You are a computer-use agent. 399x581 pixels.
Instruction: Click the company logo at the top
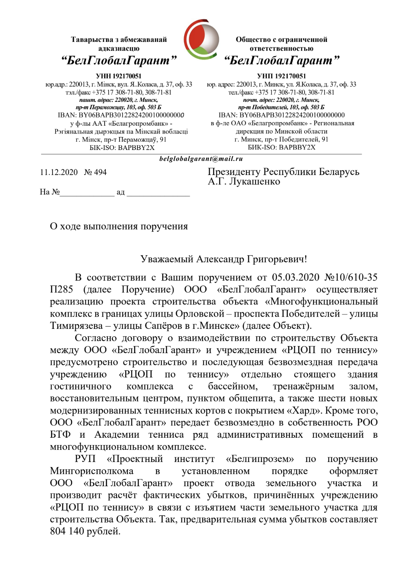[x=201, y=39]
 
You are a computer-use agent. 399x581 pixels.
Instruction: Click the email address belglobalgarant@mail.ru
[x=201, y=159]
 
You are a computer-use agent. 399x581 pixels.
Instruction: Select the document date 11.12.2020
[x=59, y=172]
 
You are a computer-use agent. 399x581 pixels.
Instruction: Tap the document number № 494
[x=95, y=172]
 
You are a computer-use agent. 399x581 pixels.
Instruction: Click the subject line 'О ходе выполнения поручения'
[x=119, y=226]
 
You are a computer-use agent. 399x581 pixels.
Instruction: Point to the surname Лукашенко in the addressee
[x=255, y=182]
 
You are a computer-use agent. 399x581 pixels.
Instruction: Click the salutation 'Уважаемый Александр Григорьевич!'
[x=223, y=259]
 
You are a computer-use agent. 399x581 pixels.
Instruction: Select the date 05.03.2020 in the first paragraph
[x=296, y=278]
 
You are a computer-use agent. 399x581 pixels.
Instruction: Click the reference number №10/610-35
[x=351, y=278]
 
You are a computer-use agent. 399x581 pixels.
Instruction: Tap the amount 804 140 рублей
[x=85, y=531]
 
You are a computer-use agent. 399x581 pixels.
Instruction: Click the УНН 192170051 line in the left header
[x=118, y=76]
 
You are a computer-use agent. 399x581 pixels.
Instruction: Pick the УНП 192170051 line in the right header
[x=281, y=76]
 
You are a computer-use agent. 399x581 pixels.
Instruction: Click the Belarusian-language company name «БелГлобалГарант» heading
[x=119, y=60]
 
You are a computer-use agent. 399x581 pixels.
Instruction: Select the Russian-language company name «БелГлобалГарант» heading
[x=281, y=60]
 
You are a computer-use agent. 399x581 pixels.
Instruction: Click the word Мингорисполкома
[x=92, y=471]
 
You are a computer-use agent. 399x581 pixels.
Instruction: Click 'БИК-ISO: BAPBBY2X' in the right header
[x=281, y=148]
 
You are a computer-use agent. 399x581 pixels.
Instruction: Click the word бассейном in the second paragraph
[x=232, y=386]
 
